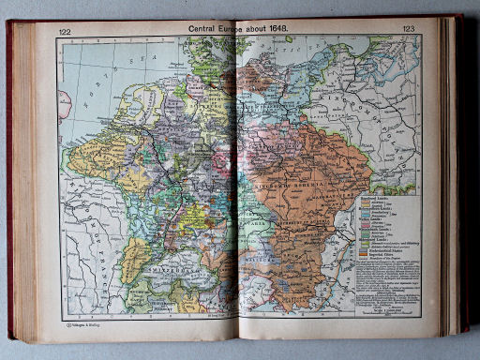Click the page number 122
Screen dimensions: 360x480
coord(65,31)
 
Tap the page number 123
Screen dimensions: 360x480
coord(409,30)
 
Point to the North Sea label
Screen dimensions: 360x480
coord(122,80)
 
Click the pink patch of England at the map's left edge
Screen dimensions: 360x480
coord(63,103)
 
